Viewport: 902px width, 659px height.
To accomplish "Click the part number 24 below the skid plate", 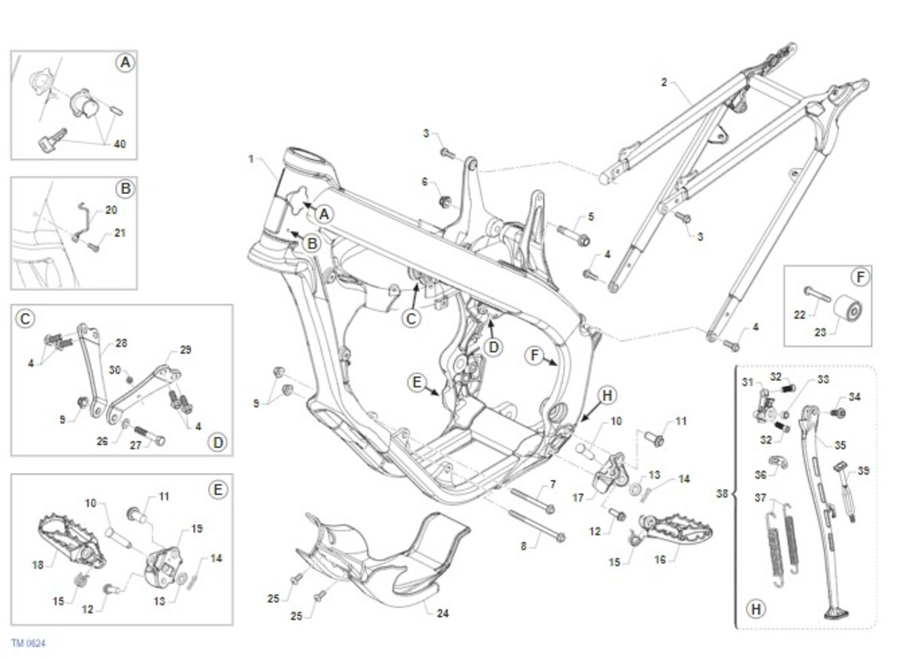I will tap(443, 613).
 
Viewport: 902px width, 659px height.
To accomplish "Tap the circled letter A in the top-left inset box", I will tap(126, 63).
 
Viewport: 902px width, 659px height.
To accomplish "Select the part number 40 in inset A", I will tap(120, 143).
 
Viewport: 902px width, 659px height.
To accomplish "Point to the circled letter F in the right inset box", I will tap(861, 277).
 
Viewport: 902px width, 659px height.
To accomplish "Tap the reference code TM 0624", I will tap(29, 643).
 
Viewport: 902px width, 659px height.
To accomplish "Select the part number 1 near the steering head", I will tap(252, 159).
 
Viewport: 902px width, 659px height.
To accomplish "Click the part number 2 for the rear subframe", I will tap(664, 81).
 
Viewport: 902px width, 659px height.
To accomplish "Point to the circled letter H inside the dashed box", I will tap(755, 609).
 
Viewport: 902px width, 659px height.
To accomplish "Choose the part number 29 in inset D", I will tap(186, 350).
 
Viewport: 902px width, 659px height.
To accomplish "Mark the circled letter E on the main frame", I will tap(417, 382).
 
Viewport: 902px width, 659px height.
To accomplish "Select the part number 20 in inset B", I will tap(111, 210).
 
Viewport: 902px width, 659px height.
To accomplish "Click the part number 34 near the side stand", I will tap(855, 396).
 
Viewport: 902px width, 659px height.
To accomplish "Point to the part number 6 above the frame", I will tap(425, 182).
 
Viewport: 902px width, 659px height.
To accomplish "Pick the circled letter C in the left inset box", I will tap(25, 319).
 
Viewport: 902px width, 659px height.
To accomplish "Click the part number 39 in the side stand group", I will tap(864, 470).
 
